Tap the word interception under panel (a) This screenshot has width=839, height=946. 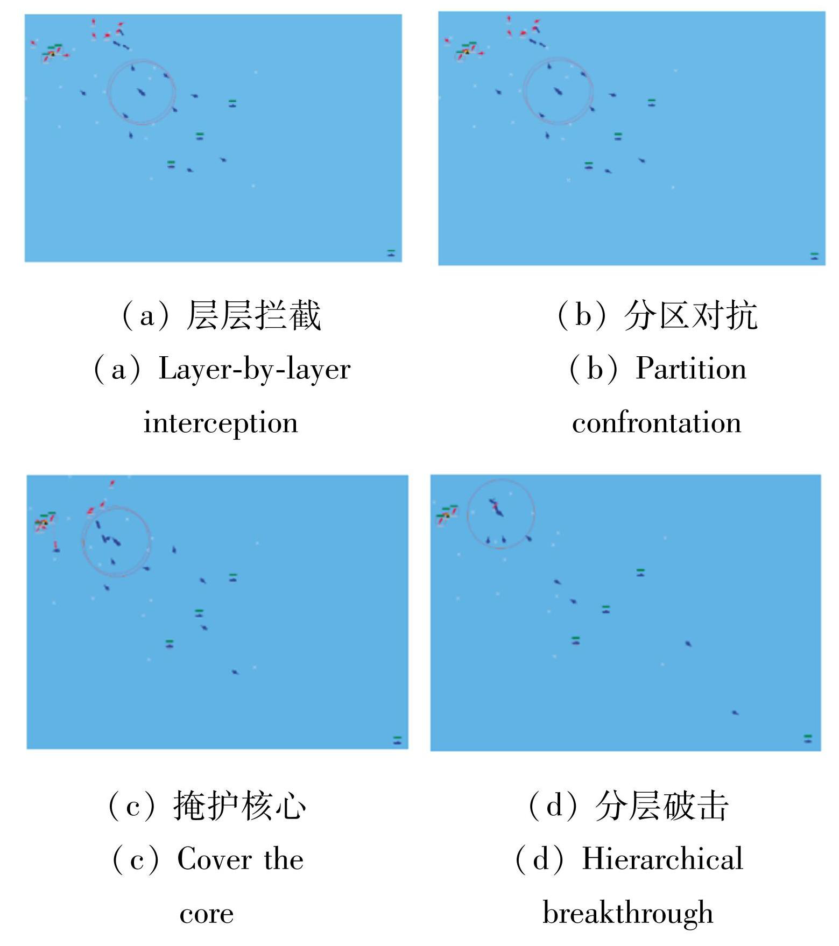pos(221,423)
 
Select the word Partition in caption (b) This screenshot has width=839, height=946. pos(691,369)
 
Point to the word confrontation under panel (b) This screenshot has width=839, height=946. pos(657,422)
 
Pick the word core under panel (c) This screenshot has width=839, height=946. pos(207,914)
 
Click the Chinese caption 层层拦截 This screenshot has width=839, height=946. pos(253,315)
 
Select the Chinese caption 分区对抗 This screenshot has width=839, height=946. pos(690,315)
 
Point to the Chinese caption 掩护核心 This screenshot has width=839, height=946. pos(240,805)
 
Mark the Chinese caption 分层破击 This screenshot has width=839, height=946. pos(662,805)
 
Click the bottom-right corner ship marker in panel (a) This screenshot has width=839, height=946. pos(391,252)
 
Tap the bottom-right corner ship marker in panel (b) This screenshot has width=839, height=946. pos(814,256)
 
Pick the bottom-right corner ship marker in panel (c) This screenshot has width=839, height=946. pos(397,740)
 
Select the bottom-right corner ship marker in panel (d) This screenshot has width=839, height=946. pos(807,738)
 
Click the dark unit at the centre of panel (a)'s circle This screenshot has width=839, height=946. pos(141,93)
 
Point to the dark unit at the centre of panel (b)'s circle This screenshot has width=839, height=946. pos(558,91)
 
